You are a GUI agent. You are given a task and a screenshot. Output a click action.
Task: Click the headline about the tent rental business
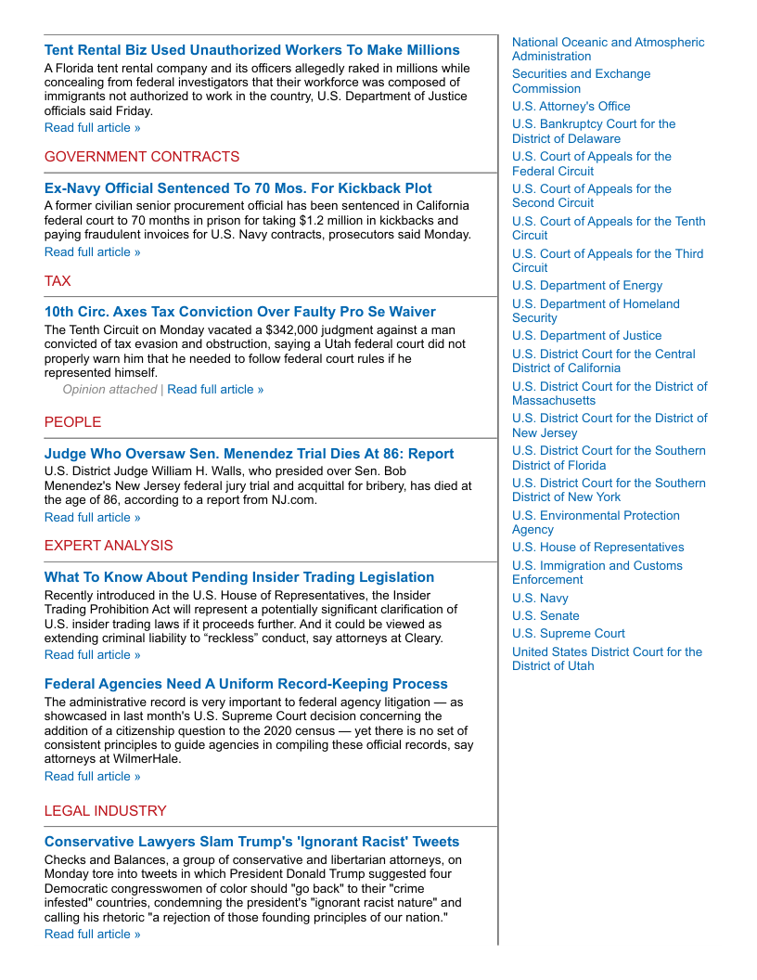point(251,50)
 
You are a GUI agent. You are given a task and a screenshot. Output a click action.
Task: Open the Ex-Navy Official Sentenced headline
point(237,188)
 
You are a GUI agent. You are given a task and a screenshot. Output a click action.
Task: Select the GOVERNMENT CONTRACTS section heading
point(142,157)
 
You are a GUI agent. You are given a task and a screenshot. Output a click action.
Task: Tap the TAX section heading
point(58,281)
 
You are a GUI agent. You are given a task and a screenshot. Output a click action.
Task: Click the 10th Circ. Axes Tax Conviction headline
point(239,312)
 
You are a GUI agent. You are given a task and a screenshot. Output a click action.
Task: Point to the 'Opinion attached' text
point(109,390)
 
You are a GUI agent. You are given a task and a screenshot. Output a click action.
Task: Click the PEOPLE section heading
point(72,422)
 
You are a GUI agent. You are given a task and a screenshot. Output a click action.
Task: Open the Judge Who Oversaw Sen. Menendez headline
point(249,454)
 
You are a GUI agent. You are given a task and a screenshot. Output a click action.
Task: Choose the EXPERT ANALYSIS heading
point(109,546)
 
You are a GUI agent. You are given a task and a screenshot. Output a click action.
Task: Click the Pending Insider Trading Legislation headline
point(238,577)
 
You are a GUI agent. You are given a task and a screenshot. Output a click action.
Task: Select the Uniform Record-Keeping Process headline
point(246,684)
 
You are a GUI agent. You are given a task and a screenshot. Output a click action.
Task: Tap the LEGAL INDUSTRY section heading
point(105,811)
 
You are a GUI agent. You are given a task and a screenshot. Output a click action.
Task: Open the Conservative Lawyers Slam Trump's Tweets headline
point(251,842)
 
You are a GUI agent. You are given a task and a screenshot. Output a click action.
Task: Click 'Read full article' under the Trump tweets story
point(92,934)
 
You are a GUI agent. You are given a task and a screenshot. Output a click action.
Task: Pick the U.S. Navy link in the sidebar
point(540,599)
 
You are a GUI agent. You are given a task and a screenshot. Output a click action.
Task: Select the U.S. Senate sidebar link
point(545,616)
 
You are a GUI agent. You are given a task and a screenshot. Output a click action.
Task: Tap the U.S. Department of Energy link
point(587,286)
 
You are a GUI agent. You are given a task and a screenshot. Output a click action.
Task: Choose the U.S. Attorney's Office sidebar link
point(571,107)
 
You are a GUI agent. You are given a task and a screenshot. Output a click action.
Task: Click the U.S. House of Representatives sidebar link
point(597,548)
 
